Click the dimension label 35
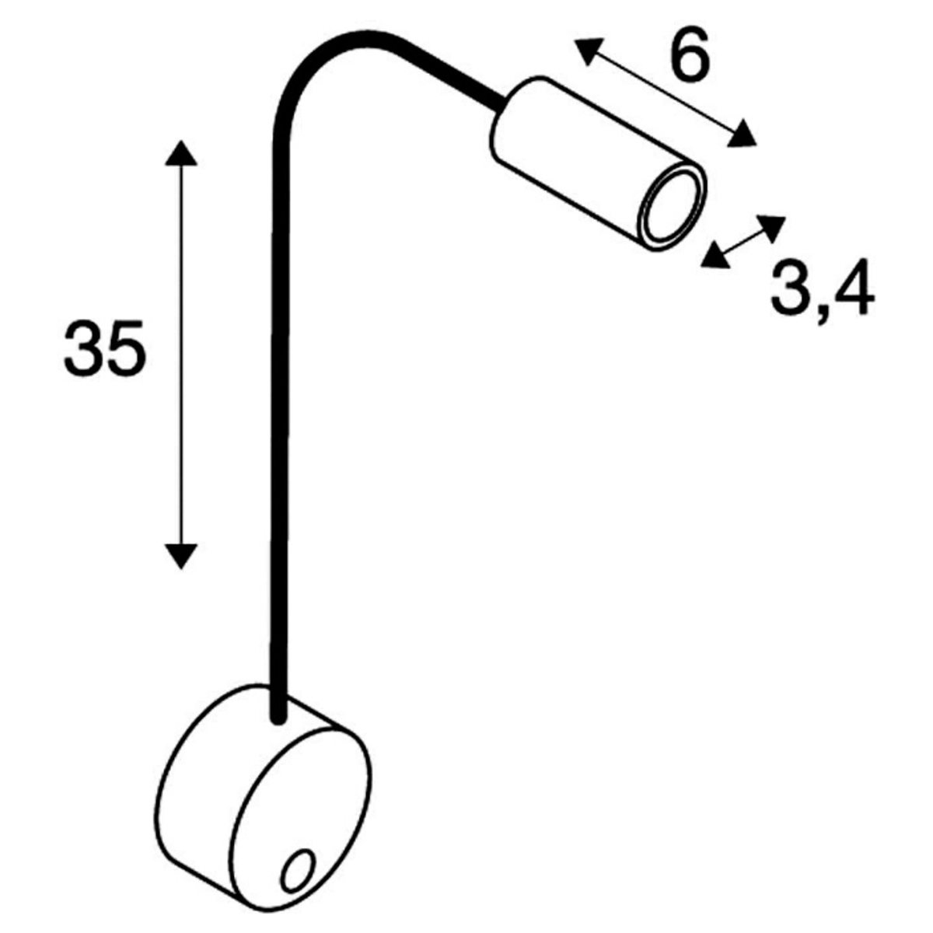(x=105, y=348)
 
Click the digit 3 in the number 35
(x=83, y=348)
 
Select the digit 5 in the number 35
(x=126, y=348)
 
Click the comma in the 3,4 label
(x=820, y=316)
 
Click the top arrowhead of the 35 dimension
(x=181, y=154)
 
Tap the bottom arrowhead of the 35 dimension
(x=181, y=556)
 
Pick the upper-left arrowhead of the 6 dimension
(x=588, y=50)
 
